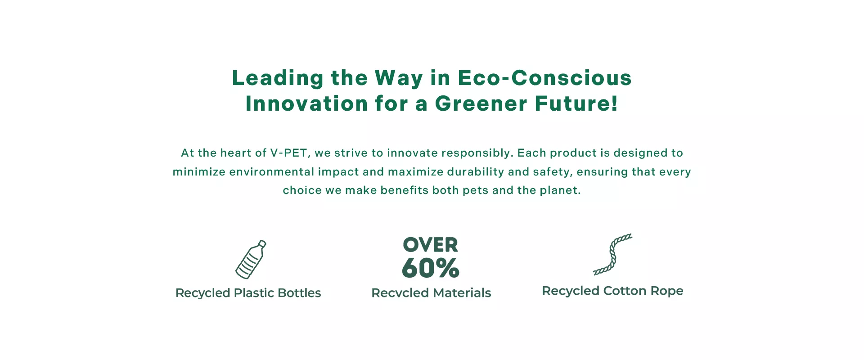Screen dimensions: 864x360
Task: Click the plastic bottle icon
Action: click(251, 259)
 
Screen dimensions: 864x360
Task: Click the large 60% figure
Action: click(431, 268)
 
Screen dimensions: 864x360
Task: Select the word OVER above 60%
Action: click(431, 245)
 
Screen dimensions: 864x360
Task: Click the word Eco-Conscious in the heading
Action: click(545, 78)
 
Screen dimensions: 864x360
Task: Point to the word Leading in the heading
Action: click(278, 78)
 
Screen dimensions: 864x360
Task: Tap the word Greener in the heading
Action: click(481, 103)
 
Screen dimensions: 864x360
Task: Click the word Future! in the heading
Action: click(576, 103)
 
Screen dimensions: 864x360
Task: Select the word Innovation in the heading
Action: click(307, 103)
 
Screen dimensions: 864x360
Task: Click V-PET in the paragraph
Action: click(289, 153)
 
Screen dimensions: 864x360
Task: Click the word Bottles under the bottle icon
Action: click(299, 293)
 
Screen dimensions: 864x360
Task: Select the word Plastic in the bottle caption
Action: click(254, 293)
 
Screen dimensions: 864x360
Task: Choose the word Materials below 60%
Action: click(462, 293)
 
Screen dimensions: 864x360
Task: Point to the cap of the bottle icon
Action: click(262, 244)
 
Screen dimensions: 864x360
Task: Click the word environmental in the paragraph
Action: click(272, 172)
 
